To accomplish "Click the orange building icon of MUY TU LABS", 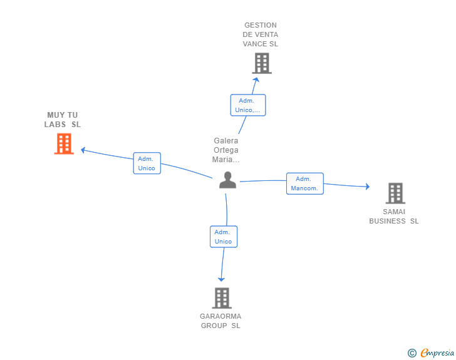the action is [x=64, y=143].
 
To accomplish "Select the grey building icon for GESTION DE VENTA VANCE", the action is [x=262, y=63].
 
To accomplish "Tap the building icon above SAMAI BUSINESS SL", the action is [x=395, y=193].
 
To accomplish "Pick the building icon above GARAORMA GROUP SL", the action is [x=222, y=298].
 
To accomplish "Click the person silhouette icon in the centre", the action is [x=228, y=180].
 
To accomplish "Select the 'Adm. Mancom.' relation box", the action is [x=305, y=183].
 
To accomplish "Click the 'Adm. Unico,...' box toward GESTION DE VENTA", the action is [x=248, y=105].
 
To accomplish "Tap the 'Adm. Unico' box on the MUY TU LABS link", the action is [x=147, y=163].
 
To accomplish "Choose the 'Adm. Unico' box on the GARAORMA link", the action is [x=224, y=237].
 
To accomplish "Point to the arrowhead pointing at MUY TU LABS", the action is [x=83, y=150].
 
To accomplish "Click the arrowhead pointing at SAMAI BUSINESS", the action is [x=368, y=187].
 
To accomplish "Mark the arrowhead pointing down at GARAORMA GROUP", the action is [x=221, y=279].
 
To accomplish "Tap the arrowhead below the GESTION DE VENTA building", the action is [x=256, y=80].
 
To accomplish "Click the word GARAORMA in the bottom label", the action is [x=220, y=316].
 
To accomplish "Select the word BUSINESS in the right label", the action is [x=387, y=221].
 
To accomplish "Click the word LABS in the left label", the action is [x=55, y=125].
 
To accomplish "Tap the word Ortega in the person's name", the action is [x=226, y=150].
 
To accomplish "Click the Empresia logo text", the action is [x=437, y=352].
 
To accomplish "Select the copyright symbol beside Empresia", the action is [x=412, y=353].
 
